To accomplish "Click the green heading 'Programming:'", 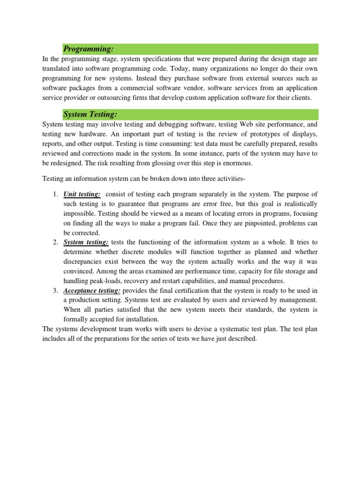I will (x=89, y=49).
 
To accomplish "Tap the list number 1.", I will (x=55, y=195).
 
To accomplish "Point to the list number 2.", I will (x=55, y=242).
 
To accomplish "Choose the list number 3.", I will (x=55, y=291).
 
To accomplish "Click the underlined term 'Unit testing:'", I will (x=82, y=195).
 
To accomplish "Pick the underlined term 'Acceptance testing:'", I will (x=92, y=291).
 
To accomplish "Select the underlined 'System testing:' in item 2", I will (x=86, y=242).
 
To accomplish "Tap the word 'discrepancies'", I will (x=86, y=262).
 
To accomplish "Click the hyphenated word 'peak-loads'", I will (x=112, y=281).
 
